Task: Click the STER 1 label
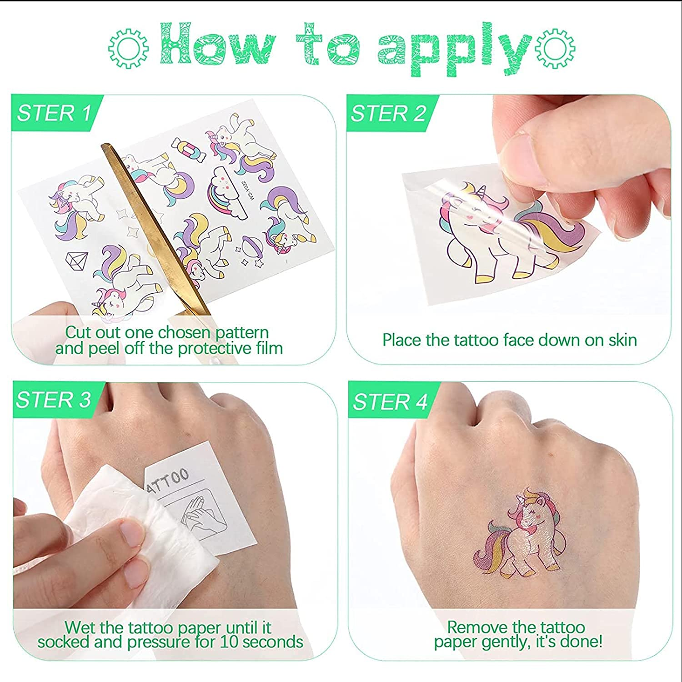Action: click(x=54, y=113)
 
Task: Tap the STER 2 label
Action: click(x=388, y=113)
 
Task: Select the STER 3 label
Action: click(x=54, y=400)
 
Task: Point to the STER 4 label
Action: click(x=390, y=401)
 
